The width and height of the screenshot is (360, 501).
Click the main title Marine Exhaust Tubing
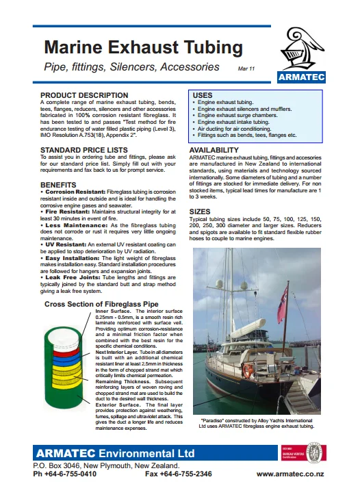[143, 47]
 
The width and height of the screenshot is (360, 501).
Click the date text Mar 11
[247, 70]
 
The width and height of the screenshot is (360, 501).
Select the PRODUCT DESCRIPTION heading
[84, 95]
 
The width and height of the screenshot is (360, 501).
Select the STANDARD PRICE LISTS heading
[84, 149]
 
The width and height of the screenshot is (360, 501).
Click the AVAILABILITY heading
[214, 150]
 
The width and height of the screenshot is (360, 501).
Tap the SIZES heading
[200, 212]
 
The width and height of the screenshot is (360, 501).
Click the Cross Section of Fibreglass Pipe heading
[101, 304]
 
